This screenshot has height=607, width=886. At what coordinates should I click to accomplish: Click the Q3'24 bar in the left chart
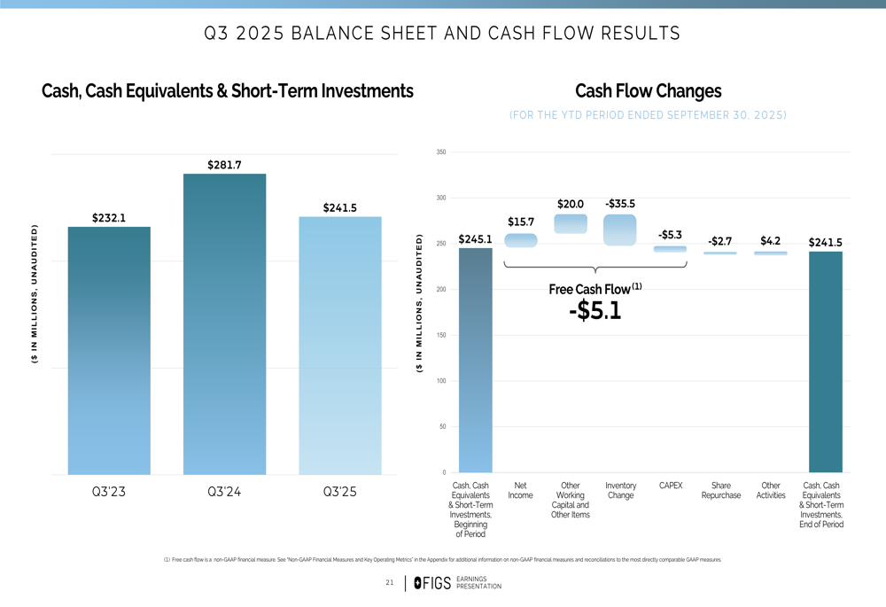[224, 323]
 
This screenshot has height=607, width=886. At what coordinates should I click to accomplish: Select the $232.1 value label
[109, 217]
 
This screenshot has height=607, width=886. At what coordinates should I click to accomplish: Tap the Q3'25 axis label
[340, 493]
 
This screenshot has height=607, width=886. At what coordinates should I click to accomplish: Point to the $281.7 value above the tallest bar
[224, 165]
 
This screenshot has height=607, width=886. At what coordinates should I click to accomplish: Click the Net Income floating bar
[520, 240]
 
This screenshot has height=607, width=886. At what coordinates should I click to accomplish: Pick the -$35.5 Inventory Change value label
[620, 204]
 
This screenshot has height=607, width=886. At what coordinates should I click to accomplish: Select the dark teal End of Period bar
[825, 362]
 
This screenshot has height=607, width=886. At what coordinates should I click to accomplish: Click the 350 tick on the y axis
[441, 152]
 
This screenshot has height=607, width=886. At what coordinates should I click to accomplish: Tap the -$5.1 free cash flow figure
[595, 311]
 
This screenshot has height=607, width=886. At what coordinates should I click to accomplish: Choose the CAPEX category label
[671, 486]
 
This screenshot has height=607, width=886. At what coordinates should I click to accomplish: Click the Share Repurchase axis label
[721, 490]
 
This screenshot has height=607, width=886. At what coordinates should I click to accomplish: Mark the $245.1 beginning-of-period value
[475, 239]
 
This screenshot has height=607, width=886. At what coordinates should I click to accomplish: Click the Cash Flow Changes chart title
[648, 91]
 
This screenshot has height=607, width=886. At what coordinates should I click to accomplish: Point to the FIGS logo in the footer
[432, 582]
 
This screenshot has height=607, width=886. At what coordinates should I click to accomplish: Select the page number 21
[390, 582]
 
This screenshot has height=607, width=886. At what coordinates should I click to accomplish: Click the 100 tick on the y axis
[441, 381]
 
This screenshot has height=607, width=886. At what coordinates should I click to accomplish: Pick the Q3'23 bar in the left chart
[109, 350]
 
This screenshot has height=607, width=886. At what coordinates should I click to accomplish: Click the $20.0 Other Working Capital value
[571, 204]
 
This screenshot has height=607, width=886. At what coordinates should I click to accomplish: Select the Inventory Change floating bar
[620, 230]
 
